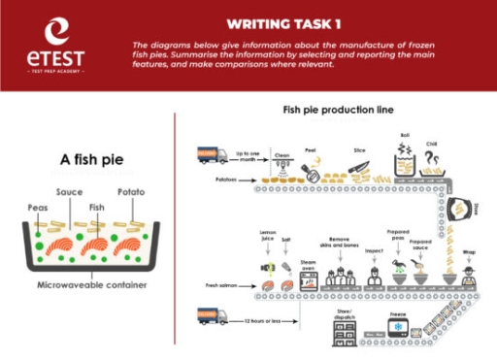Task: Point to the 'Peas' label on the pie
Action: (x=36, y=206)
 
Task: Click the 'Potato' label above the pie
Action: (x=131, y=192)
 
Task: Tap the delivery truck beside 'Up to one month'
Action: (x=213, y=154)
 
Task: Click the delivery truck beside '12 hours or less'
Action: (x=213, y=316)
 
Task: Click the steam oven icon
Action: (x=310, y=279)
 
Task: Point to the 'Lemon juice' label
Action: (x=268, y=237)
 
